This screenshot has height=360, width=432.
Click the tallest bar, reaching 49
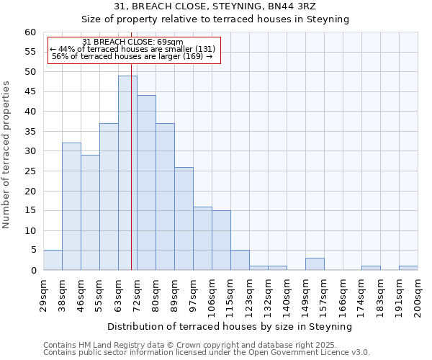point(127,173)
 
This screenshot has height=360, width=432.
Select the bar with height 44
point(146,183)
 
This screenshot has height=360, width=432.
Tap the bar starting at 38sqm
point(71,207)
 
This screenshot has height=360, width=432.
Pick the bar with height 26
point(184,219)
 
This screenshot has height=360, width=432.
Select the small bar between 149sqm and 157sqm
point(315,264)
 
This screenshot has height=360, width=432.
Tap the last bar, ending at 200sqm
point(408,269)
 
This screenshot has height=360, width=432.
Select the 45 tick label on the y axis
point(30,92)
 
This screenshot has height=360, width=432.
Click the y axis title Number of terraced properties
point(7,155)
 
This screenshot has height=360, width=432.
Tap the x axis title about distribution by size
point(230,326)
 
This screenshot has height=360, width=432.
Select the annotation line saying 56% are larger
point(132,56)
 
